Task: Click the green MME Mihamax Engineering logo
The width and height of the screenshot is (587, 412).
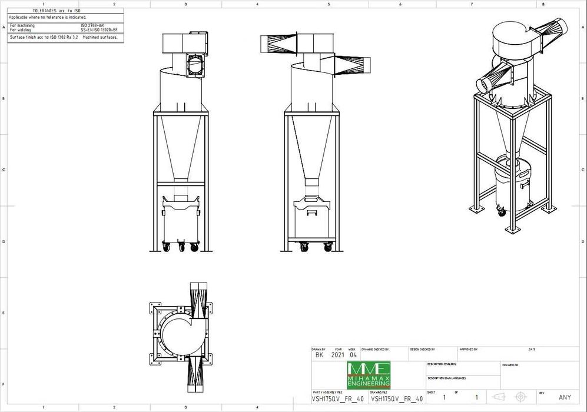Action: point(369,375)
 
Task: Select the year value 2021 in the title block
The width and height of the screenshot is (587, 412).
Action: point(338,355)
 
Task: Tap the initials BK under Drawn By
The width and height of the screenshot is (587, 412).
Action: point(319,355)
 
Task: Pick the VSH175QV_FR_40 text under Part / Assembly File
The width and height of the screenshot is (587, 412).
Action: point(337,398)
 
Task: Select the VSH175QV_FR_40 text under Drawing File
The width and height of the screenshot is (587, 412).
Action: point(397,398)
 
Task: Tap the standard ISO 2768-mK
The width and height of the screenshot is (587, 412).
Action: point(92,25)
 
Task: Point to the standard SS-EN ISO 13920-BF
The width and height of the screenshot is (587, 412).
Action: point(100,29)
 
